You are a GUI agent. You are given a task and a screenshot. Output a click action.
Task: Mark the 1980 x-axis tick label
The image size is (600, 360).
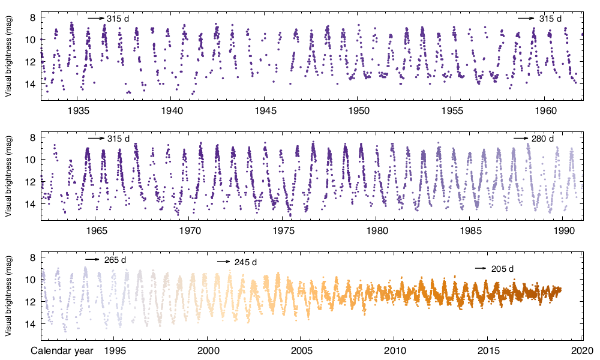[x=377, y=230]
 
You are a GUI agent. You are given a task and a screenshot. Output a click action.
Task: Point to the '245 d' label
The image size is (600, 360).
[x=245, y=263]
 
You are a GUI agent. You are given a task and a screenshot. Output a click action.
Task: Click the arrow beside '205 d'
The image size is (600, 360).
[x=481, y=268]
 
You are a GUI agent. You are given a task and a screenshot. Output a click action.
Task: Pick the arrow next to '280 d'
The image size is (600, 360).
[x=520, y=139]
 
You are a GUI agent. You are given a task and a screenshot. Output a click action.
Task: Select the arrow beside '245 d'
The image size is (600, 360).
[x=223, y=262]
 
